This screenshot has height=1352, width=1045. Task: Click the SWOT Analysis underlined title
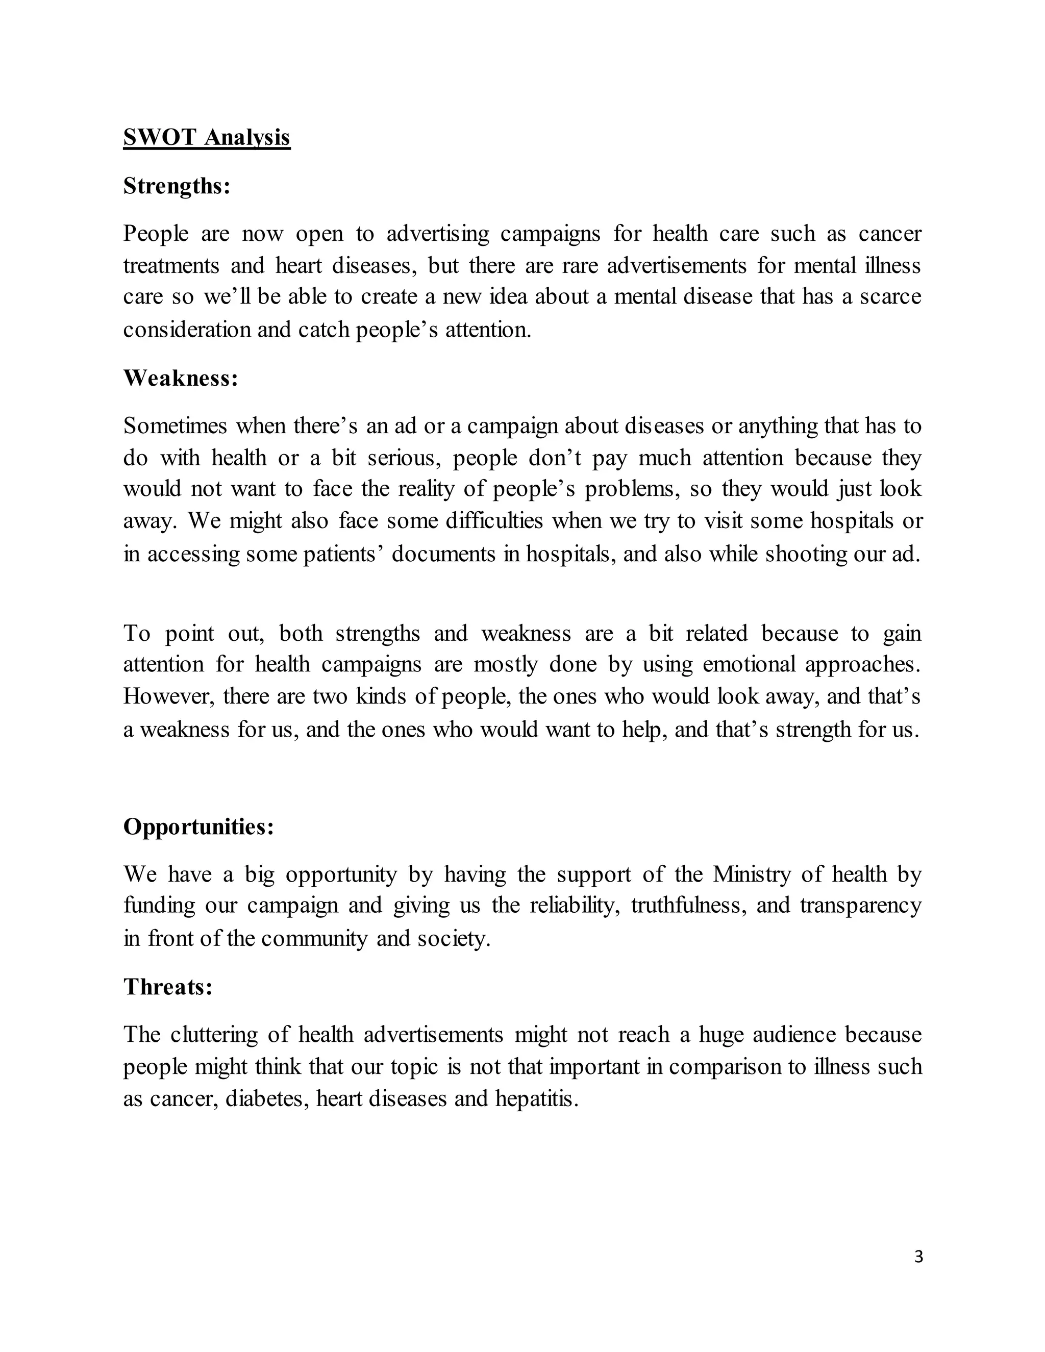[206, 137]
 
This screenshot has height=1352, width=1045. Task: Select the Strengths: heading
[177, 186]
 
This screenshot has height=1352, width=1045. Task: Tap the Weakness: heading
[180, 378]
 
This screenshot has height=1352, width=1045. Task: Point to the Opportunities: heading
[198, 827]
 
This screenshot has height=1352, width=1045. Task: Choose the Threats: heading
[168, 987]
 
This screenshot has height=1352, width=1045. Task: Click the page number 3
[918, 1257]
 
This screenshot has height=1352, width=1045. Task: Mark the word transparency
[860, 906]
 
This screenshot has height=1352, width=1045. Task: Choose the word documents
[443, 554]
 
